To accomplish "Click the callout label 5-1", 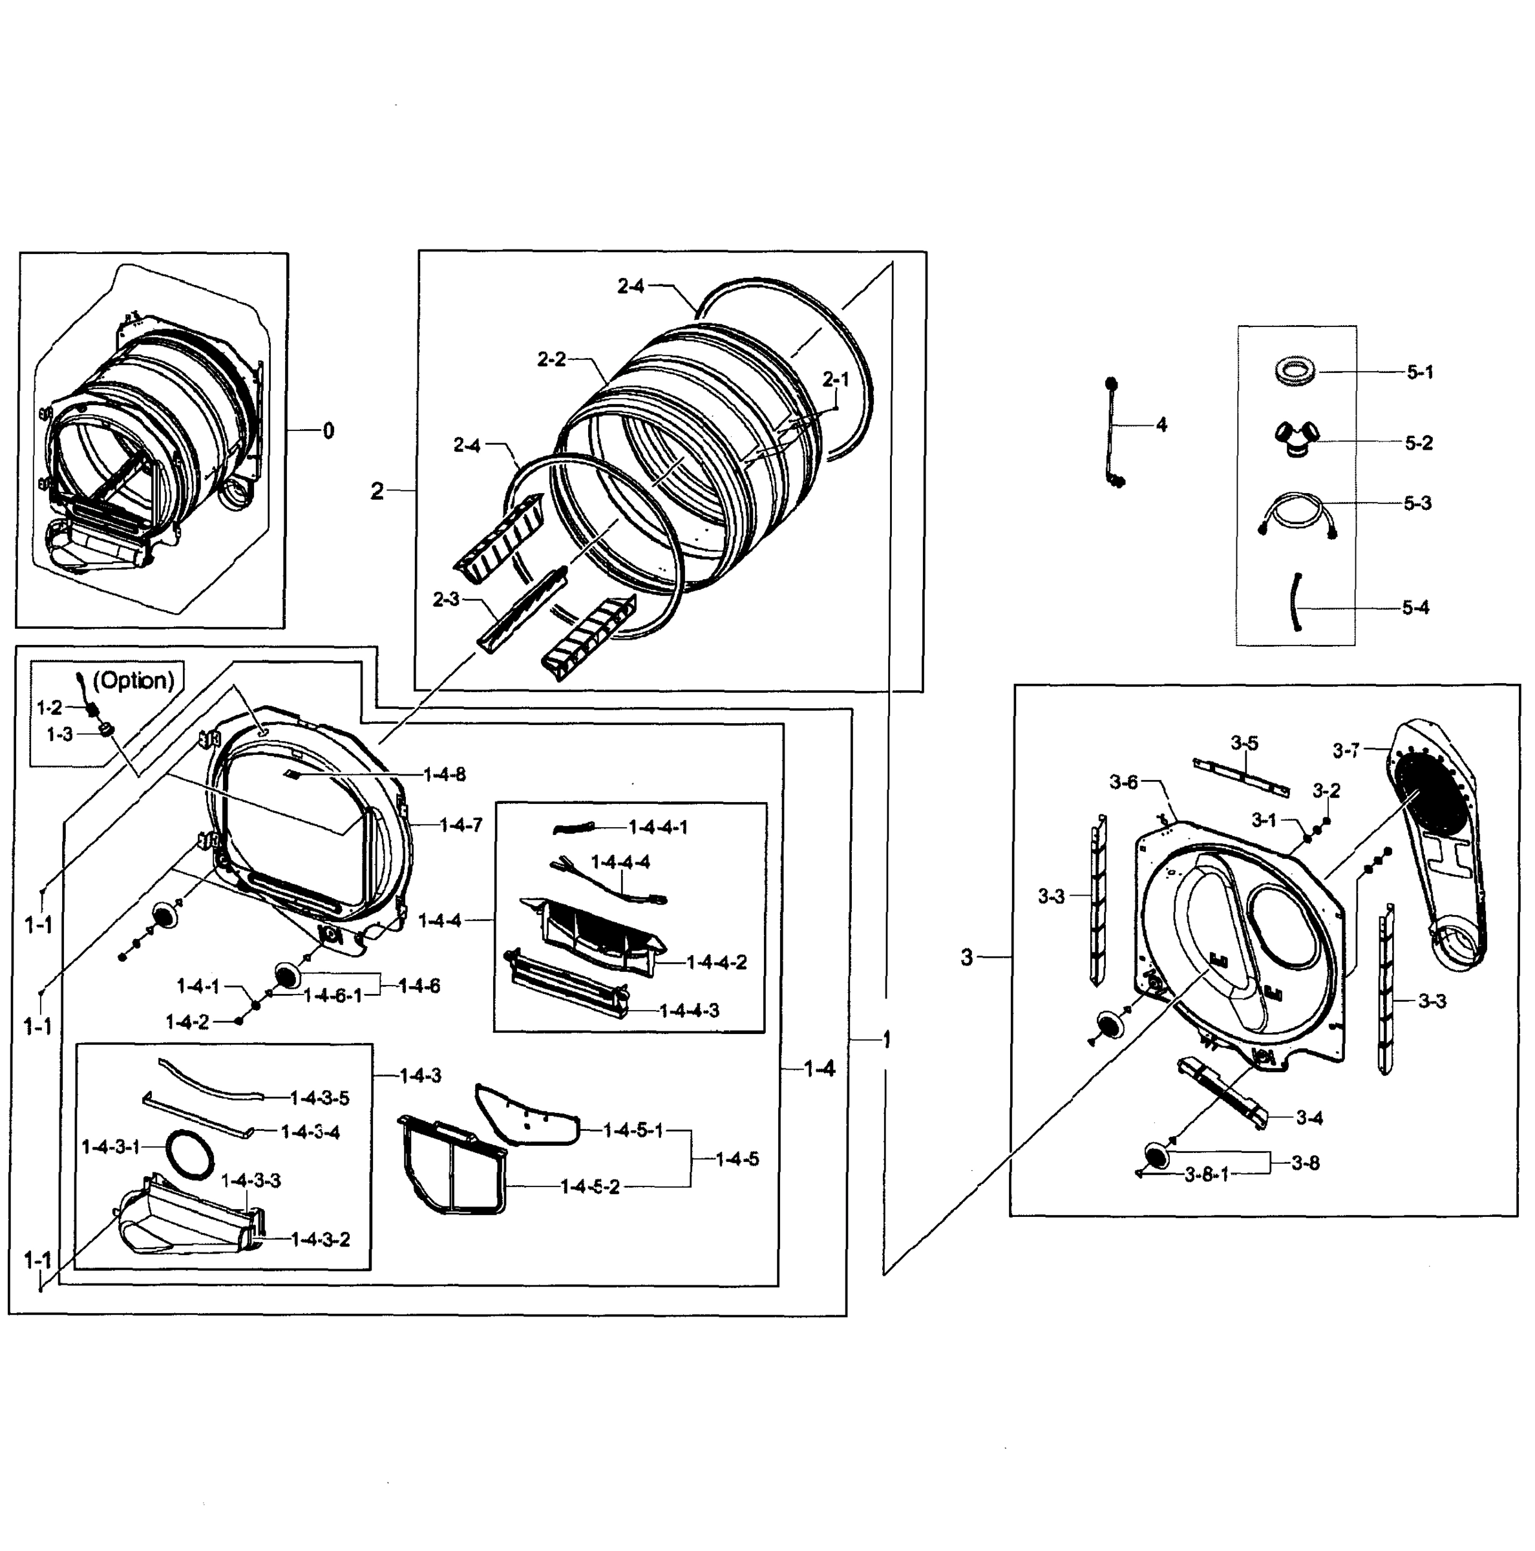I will click(x=1419, y=372).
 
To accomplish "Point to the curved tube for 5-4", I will click(x=1295, y=603).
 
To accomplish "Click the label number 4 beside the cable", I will click(x=1161, y=425).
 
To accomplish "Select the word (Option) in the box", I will click(x=133, y=680).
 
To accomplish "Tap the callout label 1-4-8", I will click(x=445, y=774).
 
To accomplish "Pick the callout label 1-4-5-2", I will click(x=590, y=1187).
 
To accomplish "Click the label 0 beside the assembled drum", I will click(x=328, y=431).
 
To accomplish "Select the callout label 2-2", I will click(x=551, y=359).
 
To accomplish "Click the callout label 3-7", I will click(x=1346, y=750).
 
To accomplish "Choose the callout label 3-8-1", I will click(x=1207, y=1174).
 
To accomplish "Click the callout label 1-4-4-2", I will click(x=717, y=962).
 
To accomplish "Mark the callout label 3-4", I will click(x=1309, y=1117).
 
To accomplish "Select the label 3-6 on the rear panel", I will click(x=1123, y=781).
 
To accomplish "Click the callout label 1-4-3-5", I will click(x=319, y=1097).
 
